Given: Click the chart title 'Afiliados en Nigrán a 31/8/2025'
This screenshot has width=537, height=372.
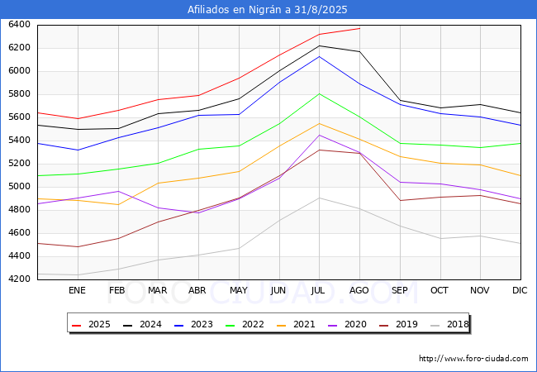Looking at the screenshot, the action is (x=267, y=10).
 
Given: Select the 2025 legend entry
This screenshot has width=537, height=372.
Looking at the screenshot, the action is (x=91, y=324).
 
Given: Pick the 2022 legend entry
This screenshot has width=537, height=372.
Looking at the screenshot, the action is (x=245, y=324).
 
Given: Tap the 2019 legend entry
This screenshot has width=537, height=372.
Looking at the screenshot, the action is (x=399, y=324).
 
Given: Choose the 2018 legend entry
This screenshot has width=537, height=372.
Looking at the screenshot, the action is (x=449, y=324).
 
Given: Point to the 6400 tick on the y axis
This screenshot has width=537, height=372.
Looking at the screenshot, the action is (x=19, y=25).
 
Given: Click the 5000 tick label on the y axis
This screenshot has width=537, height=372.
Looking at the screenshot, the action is (x=19, y=187).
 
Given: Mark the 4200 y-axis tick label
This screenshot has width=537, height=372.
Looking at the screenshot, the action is (x=19, y=279).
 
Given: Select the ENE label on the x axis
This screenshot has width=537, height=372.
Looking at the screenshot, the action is (x=77, y=290).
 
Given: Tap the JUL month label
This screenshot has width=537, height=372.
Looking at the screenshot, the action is (x=318, y=290).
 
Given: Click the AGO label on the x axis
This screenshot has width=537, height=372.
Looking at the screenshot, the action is (x=359, y=290).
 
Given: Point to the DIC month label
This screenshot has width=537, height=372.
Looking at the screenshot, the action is (x=520, y=290).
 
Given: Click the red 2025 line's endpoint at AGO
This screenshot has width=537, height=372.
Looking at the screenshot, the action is (x=359, y=28).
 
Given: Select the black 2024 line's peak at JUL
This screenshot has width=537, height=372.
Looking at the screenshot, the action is (x=320, y=45).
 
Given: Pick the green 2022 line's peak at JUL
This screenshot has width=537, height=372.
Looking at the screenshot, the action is (x=320, y=93).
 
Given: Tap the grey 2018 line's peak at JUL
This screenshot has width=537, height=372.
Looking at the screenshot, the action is (x=320, y=198).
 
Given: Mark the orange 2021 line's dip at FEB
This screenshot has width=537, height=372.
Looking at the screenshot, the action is (x=118, y=205).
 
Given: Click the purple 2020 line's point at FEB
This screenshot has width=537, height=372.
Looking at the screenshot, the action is (x=118, y=191).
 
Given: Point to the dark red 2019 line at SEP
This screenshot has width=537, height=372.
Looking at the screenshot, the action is (x=400, y=200).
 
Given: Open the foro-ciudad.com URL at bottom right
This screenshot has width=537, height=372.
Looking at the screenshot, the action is (x=473, y=359).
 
